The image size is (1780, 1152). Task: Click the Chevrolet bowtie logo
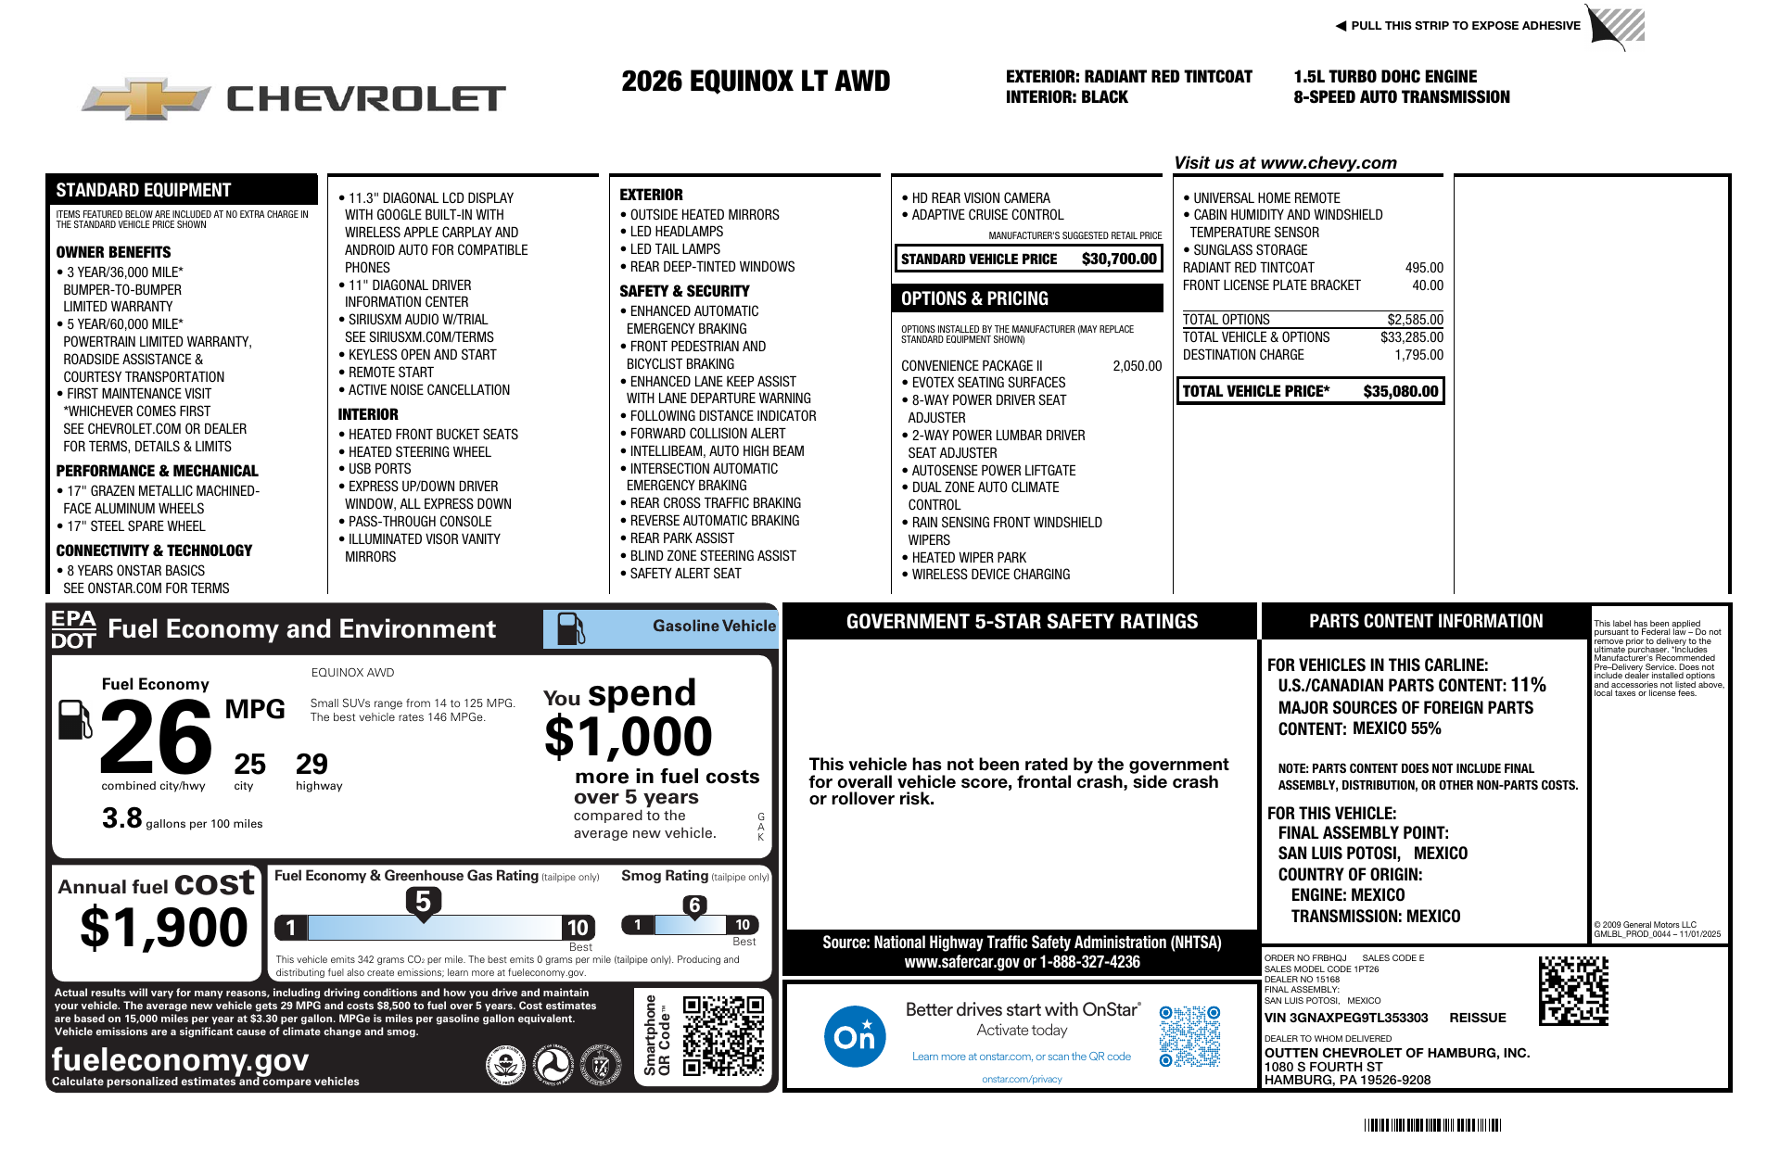pos(146,98)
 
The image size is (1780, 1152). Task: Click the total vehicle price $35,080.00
pos(1400,391)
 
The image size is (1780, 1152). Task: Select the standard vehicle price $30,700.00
pos(1119,260)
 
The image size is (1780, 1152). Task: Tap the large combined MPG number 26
pos(156,737)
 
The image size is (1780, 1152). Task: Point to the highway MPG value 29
pos(311,764)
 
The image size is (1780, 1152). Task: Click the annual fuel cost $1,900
pos(164,928)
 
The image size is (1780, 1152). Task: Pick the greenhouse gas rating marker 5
pos(423,901)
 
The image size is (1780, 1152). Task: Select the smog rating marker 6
pos(694,905)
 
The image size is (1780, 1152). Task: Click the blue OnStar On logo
pos(854,1036)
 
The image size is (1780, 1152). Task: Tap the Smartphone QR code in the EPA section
pos(723,1035)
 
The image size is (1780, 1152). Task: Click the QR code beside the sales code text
pos(1573,991)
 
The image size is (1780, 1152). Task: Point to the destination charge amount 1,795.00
pos(1418,355)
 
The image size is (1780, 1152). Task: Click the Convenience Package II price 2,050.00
pos(1137,366)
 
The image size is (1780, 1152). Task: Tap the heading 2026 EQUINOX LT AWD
pos(756,82)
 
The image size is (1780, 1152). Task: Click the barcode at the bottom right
pos(1432,1125)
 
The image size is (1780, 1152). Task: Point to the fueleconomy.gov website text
pos(180,1059)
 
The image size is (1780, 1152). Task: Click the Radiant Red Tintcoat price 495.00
pos(1424,268)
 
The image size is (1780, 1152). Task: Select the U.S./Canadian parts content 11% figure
pos(1528,685)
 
